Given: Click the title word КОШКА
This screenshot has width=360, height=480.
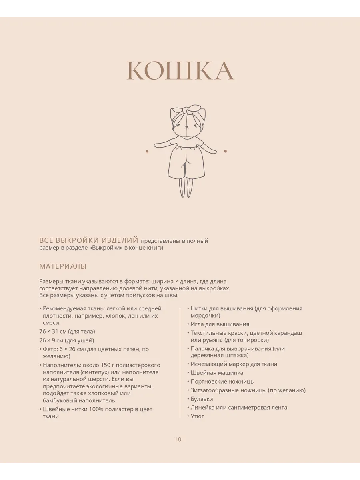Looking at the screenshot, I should (x=180, y=71).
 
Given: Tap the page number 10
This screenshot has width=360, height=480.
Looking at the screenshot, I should (x=178, y=439).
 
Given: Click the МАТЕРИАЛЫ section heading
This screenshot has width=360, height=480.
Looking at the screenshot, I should (x=63, y=266).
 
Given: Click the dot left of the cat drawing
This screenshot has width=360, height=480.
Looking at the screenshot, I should (x=147, y=151).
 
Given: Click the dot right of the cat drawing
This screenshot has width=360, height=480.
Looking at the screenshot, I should (x=225, y=151).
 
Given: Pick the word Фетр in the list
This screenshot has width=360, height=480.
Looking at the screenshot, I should (x=50, y=349).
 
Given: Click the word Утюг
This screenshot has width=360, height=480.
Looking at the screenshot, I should (x=197, y=416).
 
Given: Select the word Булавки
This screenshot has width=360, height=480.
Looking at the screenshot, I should (x=202, y=399).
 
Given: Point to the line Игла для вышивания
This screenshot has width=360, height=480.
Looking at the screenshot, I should (x=220, y=324).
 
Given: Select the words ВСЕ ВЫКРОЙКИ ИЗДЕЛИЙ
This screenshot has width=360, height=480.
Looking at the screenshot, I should (x=88, y=240).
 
